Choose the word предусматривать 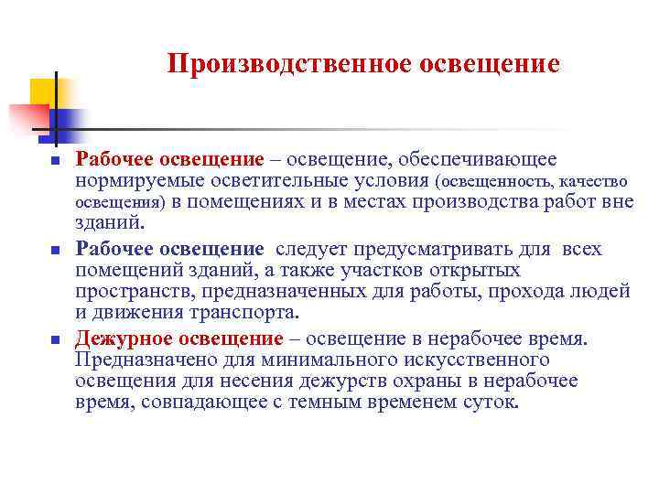[x=407, y=249]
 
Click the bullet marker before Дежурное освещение [x=55, y=340]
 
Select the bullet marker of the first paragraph [x=55, y=162]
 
